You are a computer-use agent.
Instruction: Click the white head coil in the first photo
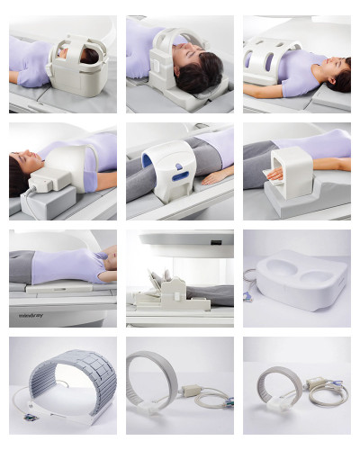[74, 62]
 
